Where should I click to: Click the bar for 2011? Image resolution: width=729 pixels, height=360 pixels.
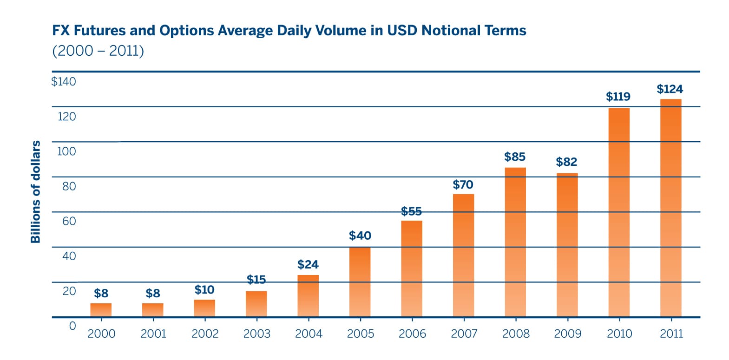pyautogui.click(x=671, y=208)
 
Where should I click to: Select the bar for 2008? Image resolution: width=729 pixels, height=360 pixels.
pyautogui.click(x=516, y=242)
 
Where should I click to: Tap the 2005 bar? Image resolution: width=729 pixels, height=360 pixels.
pyautogui.click(x=360, y=282)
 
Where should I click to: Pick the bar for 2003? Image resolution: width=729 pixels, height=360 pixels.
pyautogui.click(x=256, y=304)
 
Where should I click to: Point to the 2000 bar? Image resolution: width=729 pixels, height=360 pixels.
pyautogui.click(x=101, y=310)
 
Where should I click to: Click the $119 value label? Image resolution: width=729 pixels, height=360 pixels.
pyautogui.click(x=618, y=97)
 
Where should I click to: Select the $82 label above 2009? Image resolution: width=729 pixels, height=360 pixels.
pyautogui.click(x=566, y=162)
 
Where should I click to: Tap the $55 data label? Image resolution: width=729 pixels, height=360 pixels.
pyautogui.click(x=411, y=211)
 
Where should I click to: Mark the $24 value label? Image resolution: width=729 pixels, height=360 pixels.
pyautogui.click(x=308, y=264)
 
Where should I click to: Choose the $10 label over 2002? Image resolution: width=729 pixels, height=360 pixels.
pyautogui.click(x=204, y=290)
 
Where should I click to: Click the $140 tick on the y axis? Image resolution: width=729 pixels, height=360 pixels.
pyautogui.click(x=64, y=81)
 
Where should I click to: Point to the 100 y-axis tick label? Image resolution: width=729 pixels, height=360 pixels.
pyautogui.click(x=66, y=151)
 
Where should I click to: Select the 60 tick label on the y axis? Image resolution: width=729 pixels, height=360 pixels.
pyautogui.click(x=69, y=221)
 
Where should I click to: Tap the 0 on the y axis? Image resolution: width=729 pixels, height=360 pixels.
pyautogui.click(x=72, y=326)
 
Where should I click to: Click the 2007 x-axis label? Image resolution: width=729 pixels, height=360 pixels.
pyautogui.click(x=464, y=334)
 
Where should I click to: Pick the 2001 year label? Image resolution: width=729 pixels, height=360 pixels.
pyautogui.click(x=153, y=334)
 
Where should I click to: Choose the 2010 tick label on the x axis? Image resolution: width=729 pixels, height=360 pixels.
pyautogui.click(x=619, y=334)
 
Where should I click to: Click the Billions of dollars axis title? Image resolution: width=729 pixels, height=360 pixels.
pyautogui.click(x=35, y=192)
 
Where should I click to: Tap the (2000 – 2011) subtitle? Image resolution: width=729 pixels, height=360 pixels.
pyautogui.click(x=98, y=51)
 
